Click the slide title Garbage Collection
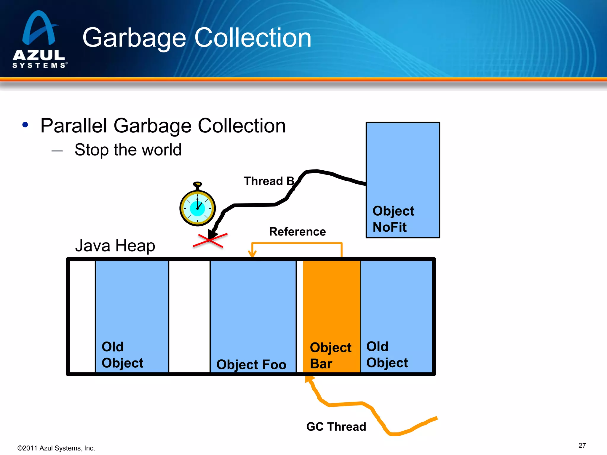[197, 38]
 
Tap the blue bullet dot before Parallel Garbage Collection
[25, 125]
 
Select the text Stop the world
[128, 150]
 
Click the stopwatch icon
[197, 207]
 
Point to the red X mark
[210, 240]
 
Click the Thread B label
[269, 181]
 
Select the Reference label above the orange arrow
[297, 231]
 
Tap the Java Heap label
[115, 246]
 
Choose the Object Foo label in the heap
[251, 364]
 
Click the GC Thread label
[336, 427]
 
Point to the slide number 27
[582, 446]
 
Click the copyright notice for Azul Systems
[56, 448]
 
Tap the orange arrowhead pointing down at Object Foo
[252, 254]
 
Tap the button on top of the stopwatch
[197, 185]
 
